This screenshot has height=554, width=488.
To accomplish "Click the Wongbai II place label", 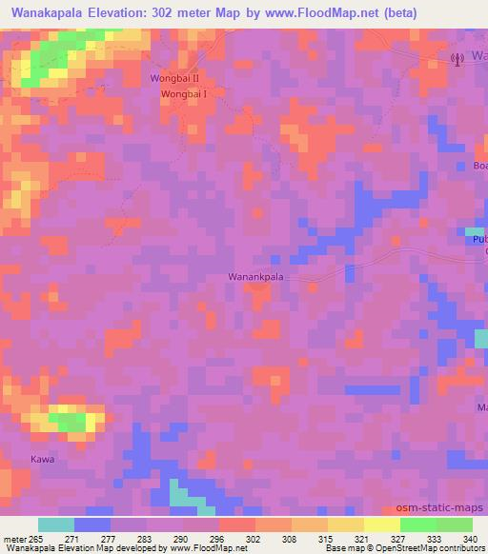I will (x=174, y=78).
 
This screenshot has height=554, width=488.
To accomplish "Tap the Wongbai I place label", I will (x=184, y=94).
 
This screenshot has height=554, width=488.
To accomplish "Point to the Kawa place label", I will (x=43, y=459).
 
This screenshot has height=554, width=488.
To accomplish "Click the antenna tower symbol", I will (x=456, y=58).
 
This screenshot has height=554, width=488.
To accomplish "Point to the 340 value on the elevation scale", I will (x=470, y=539).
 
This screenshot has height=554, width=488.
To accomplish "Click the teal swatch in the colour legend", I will (x=56, y=524).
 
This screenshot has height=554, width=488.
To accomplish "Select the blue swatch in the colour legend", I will (x=92, y=524).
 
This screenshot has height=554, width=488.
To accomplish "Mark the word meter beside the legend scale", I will (x=15, y=539).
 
